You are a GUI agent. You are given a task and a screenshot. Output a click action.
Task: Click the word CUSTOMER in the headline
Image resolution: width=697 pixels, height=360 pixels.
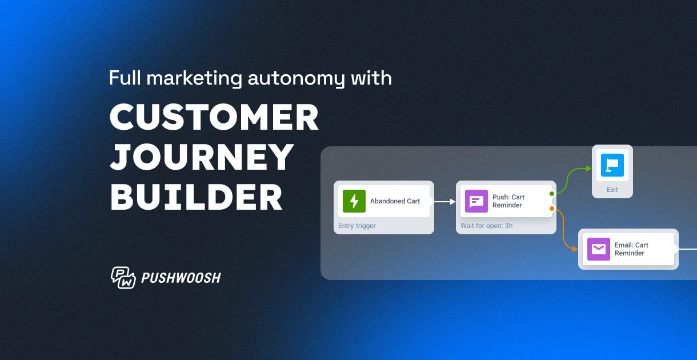coord(214,118)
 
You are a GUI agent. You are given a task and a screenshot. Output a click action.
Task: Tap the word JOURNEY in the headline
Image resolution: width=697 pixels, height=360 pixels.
coord(202,157)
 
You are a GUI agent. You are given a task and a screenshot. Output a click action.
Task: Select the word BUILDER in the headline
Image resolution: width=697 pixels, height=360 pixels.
coord(196,197)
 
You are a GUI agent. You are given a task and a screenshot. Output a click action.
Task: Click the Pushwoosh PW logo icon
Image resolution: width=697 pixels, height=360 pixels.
coord(123,278)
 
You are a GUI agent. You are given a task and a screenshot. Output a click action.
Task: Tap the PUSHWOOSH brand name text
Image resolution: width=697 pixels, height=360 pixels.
coord(181,278)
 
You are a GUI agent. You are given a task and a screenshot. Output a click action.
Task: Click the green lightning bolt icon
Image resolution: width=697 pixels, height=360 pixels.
coord(354,201)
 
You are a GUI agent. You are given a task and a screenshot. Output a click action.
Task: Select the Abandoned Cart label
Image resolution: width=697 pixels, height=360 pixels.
coord(395,201)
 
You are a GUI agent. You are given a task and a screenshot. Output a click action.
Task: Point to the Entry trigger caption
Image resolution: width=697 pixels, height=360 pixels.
coord(357,226)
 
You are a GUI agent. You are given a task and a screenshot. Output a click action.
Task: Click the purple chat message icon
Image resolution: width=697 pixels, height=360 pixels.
coord(476,201)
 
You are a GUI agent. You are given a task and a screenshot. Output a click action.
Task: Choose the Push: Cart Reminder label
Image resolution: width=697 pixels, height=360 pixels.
coord(508,201)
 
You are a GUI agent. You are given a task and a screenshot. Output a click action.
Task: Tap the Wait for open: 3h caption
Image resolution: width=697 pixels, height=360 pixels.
coord(486,226)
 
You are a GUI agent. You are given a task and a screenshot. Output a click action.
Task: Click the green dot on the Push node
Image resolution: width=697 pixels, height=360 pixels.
coord(552,194)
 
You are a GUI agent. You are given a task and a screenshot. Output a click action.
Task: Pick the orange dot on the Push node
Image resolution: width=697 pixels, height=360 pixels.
coord(552,209)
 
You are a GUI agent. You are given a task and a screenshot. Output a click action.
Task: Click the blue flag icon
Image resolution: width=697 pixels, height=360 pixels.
coord(612,165)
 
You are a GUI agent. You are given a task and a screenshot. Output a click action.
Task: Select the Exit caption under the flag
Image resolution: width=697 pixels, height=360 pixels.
coord(612,190)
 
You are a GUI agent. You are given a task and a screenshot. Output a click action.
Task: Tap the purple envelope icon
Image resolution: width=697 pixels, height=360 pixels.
coord(599,249)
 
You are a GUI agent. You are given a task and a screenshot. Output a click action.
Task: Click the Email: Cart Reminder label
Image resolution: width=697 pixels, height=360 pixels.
coord(631,249)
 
